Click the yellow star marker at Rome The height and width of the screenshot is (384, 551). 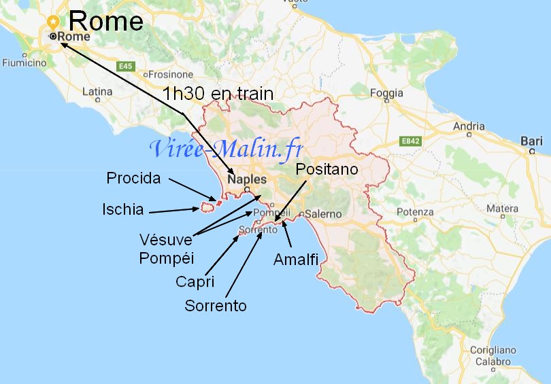point(53,21)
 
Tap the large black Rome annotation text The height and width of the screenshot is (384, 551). point(106,21)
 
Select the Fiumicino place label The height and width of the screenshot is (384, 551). point(24,63)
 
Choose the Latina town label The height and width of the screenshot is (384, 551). point(97,91)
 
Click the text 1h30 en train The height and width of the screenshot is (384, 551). point(218,94)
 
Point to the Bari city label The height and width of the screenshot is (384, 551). point(530,141)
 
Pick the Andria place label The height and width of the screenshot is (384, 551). point(469,126)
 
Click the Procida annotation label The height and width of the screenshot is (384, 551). point(134,178)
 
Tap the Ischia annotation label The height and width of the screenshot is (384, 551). point(123,209)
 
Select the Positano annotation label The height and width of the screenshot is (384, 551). point(327,169)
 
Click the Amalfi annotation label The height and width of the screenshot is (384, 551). point(296,259)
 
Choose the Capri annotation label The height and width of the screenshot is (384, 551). point(195,281)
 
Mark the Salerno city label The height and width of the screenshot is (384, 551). point(323,213)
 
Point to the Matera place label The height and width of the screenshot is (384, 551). point(503,208)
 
